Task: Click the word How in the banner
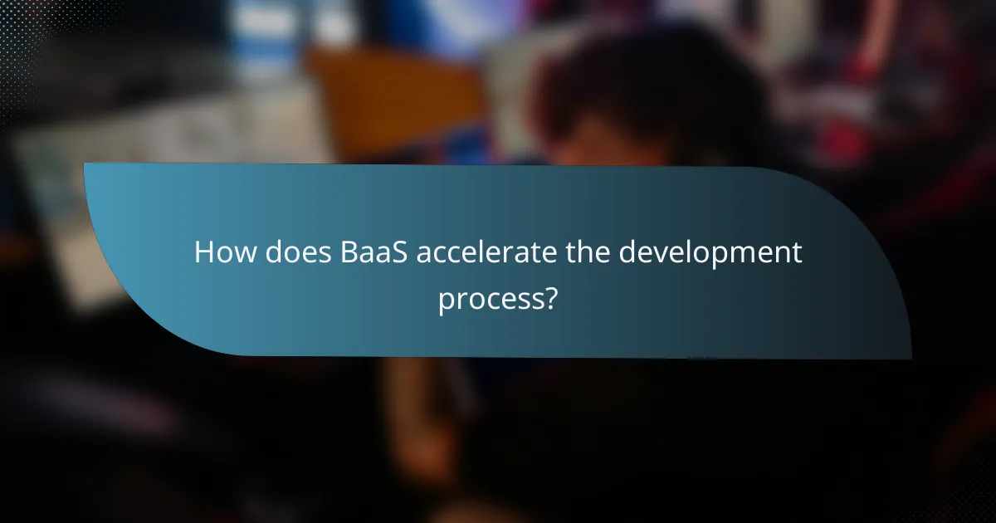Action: pos(225,254)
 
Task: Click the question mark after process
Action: pos(548,296)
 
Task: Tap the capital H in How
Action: pos(204,254)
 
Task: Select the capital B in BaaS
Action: pos(349,254)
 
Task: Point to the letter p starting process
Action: pos(446,301)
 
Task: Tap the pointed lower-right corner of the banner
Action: pos(910,358)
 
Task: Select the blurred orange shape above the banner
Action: pos(390,91)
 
